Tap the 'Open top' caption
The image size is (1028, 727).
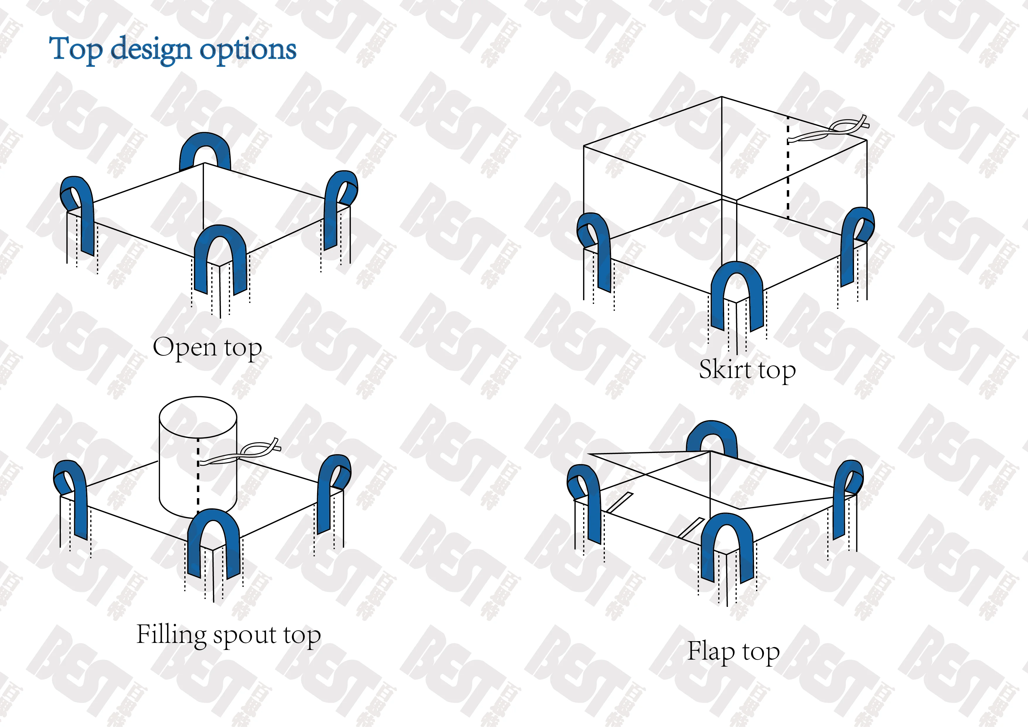click(x=207, y=348)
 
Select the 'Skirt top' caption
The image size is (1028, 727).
click(x=747, y=370)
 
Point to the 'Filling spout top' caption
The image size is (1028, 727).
click(x=228, y=635)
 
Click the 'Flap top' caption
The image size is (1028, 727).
click(x=733, y=651)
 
